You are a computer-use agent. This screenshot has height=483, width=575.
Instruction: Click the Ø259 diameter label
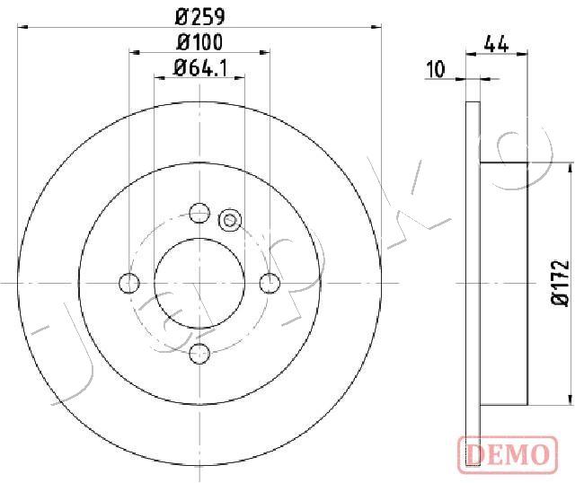[199, 17]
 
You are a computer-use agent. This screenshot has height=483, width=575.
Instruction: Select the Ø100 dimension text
[199, 42]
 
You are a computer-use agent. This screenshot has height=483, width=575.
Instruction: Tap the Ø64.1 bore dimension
[200, 68]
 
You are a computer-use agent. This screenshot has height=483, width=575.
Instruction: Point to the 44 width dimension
[496, 44]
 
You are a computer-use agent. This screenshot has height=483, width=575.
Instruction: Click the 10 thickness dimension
[436, 69]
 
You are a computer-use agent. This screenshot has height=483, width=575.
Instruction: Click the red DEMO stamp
[508, 453]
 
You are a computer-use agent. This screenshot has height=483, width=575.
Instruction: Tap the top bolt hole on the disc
[199, 213]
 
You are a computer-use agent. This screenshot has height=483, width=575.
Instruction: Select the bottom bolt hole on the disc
[199, 354]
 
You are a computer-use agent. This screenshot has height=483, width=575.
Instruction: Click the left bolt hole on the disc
[129, 283]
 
